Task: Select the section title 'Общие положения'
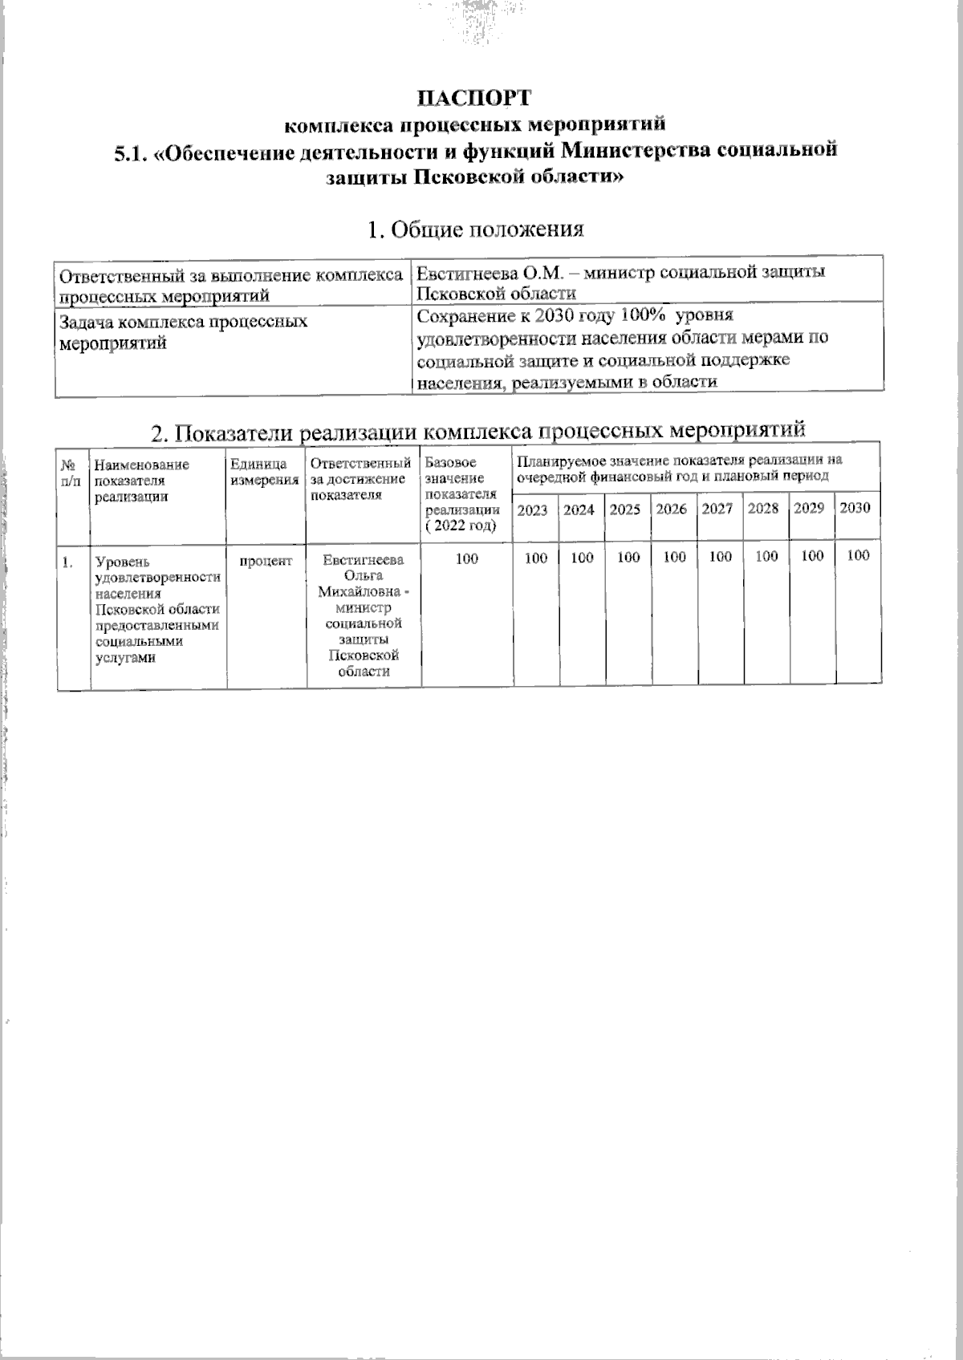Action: pos(474,229)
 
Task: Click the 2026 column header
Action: pos(671,509)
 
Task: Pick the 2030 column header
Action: pos(855,509)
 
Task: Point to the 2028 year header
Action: pos(762,509)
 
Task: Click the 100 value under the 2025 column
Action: pos(628,557)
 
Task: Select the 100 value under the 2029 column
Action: pos(812,556)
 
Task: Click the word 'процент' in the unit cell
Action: pos(266,561)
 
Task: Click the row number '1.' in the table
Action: pos(69,562)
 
